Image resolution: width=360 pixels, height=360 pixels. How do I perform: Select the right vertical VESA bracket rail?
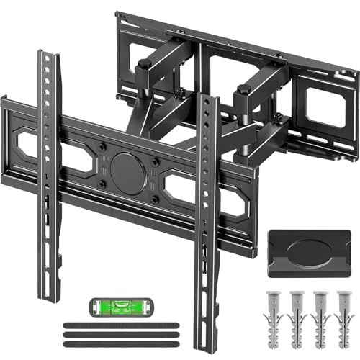click(207, 216)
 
